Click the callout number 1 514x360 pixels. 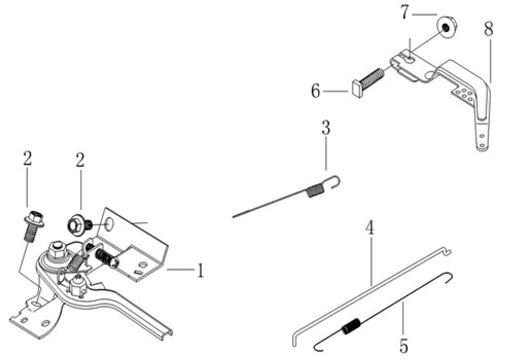click(200, 270)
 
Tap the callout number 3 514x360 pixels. click(326, 127)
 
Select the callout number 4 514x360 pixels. click(370, 228)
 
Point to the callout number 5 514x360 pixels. click(403, 346)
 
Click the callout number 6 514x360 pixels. click(316, 91)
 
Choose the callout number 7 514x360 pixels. click(405, 13)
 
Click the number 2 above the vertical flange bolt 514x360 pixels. click(27, 158)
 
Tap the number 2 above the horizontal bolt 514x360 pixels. click(80, 159)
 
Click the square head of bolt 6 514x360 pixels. click(357, 89)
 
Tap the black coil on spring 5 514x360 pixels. click(351, 326)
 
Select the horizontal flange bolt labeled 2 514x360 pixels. click(80, 226)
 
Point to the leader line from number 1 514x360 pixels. click(180, 269)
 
